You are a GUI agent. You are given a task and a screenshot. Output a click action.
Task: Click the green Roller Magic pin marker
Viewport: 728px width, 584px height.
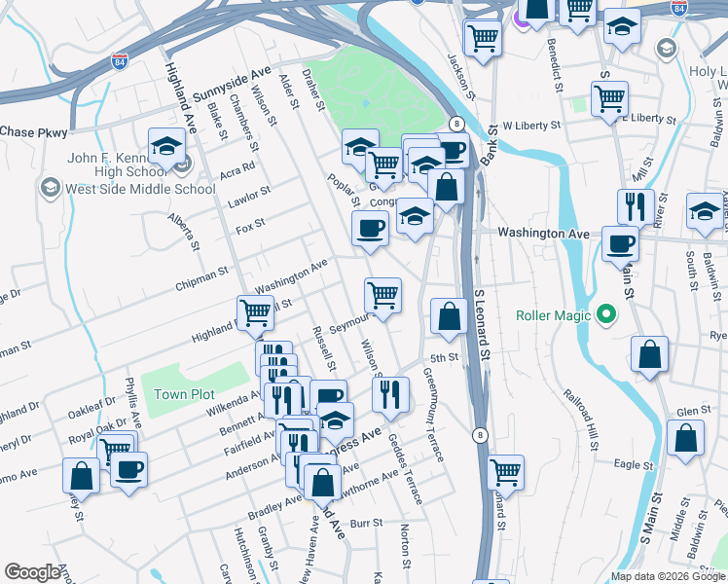(x=606, y=314)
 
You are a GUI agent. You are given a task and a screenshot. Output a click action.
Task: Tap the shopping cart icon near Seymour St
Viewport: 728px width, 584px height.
(x=383, y=296)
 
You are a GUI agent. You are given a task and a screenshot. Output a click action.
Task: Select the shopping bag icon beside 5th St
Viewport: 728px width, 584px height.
(x=448, y=316)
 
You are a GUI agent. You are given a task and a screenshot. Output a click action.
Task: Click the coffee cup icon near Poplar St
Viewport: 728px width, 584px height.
(x=370, y=230)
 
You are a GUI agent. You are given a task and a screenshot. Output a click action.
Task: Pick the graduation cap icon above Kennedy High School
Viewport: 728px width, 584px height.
(x=167, y=148)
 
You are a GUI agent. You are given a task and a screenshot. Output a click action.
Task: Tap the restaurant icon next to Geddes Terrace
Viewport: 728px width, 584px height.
(x=390, y=395)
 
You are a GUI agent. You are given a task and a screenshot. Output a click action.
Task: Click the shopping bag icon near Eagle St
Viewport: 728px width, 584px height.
(x=686, y=440)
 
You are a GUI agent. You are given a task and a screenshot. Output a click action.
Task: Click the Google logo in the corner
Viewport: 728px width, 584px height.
(x=33, y=572)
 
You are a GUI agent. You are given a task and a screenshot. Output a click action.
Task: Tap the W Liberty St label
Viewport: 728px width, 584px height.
(x=532, y=126)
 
